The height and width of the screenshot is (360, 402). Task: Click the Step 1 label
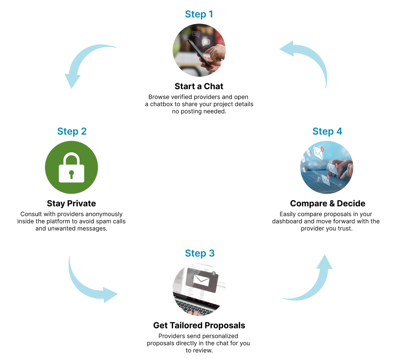point(199,14)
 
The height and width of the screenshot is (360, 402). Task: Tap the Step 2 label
point(72,132)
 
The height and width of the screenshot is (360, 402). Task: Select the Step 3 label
point(199,253)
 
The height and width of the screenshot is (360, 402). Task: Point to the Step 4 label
point(327,132)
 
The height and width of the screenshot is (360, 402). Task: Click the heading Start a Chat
point(199,87)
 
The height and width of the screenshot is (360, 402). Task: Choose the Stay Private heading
point(71,204)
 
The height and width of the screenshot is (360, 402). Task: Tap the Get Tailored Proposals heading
point(199,325)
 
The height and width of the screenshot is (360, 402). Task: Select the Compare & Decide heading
point(328,204)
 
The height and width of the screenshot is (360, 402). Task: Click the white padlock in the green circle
point(71,167)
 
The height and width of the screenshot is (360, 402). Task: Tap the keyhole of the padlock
point(71,174)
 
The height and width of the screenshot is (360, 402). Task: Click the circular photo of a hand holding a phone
point(199,50)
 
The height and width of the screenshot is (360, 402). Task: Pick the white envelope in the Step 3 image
point(201,280)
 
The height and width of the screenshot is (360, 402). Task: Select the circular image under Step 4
point(327,167)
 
